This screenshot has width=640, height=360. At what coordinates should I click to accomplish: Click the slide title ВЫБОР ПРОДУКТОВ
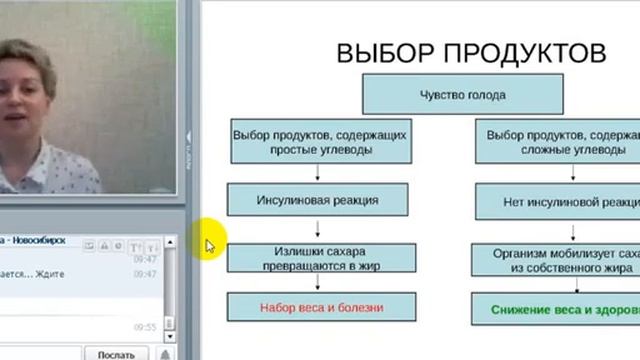(469, 53)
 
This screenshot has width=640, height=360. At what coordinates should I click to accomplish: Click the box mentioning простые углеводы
(303, 141)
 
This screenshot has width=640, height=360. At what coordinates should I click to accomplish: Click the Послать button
(116, 353)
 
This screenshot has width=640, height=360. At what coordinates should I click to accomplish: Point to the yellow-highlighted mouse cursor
(211, 245)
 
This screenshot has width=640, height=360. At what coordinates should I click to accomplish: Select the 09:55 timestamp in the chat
(146, 327)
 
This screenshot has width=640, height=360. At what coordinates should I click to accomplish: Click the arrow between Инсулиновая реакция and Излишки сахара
(318, 227)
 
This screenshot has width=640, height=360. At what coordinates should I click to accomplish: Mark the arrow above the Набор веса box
(318, 283)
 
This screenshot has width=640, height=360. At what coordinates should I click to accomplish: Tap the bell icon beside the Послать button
(165, 353)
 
